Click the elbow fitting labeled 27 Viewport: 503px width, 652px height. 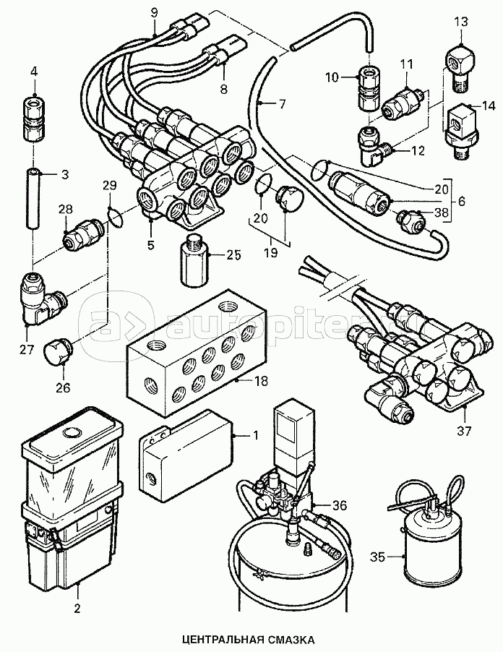[x=40, y=298]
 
